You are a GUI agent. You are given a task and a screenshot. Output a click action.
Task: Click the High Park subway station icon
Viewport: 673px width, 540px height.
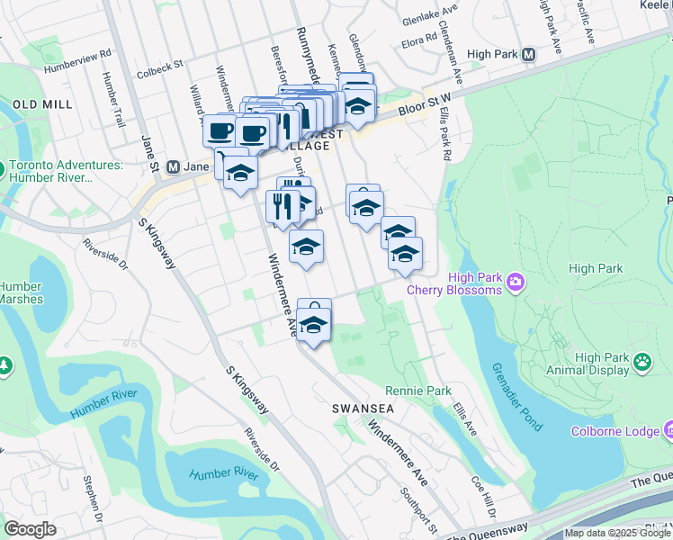coord(528,54)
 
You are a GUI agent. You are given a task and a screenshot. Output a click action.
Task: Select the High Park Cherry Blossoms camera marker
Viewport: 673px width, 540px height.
coord(515,283)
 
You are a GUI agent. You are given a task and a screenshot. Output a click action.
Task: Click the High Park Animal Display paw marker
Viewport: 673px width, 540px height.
coord(642,363)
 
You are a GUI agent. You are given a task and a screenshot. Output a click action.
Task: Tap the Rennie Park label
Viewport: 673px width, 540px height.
coord(417,391)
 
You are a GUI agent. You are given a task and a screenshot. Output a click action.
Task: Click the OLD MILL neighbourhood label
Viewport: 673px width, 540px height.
coord(42,104)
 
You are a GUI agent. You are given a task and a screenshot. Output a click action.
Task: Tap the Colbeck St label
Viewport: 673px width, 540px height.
coord(159,65)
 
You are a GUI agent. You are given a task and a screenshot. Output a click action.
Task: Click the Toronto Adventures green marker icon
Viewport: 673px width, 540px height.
coord(4,169)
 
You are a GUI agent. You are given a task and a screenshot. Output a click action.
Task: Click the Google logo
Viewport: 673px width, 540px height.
coord(30,529)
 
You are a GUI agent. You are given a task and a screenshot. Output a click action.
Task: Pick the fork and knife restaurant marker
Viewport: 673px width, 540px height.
coord(283,206)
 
